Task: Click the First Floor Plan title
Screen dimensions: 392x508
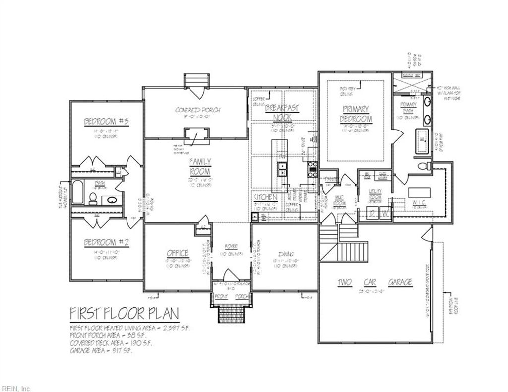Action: pyautogui.click(x=124, y=313)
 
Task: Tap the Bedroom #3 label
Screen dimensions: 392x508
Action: pyautogui.click(x=106, y=122)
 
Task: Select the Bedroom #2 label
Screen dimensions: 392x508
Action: pyautogui.click(x=106, y=242)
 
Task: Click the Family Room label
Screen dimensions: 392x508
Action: pyautogui.click(x=200, y=166)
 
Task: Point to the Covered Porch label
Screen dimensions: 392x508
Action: pyautogui.click(x=197, y=110)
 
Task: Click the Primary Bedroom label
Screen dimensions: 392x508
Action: pyautogui.click(x=356, y=114)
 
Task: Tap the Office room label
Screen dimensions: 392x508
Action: pyautogui.click(x=177, y=254)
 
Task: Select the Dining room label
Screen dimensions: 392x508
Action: pyautogui.click(x=285, y=254)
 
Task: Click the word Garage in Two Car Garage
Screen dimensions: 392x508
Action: pyautogui.click(x=399, y=282)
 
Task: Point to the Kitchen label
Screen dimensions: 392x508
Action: pyautogui.click(x=265, y=197)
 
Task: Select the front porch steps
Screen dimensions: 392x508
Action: pyautogui.click(x=230, y=313)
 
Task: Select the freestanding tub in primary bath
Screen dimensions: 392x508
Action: pyautogui.click(x=423, y=140)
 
